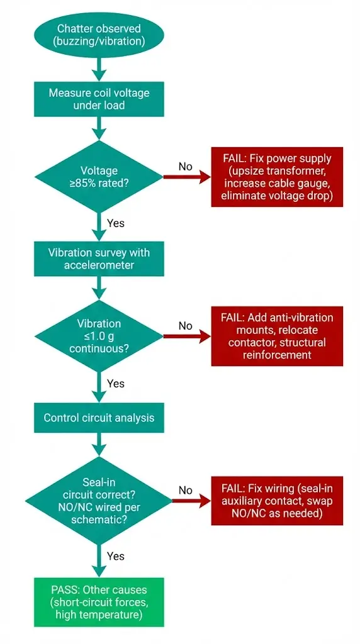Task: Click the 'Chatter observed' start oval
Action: pyautogui.click(x=99, y=35)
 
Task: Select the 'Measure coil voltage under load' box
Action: pyautogui.click(x=99, y=99)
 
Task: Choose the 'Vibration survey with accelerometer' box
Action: pyautogui.click(x=99, y=259)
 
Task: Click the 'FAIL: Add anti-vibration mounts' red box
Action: pyautogui.click(x=276, y=336)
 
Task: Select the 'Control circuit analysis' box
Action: pyautogui.click(x=99, y=418)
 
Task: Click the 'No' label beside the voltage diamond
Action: pyautogui.click(x=185, y=167)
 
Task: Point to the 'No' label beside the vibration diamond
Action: pyautogui.click(x=185, y=326)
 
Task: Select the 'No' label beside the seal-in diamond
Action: pyautogui.click(x=185, y=490)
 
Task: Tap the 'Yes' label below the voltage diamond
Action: pyautogui.click(x=116, y=223)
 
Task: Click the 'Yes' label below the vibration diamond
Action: pyautogui.click(x=116, y=384)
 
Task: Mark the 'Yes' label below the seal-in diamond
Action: pyautogui.click(x=116, y=556)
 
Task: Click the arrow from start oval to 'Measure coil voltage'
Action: pyautogui.click(x=99, y=66)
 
